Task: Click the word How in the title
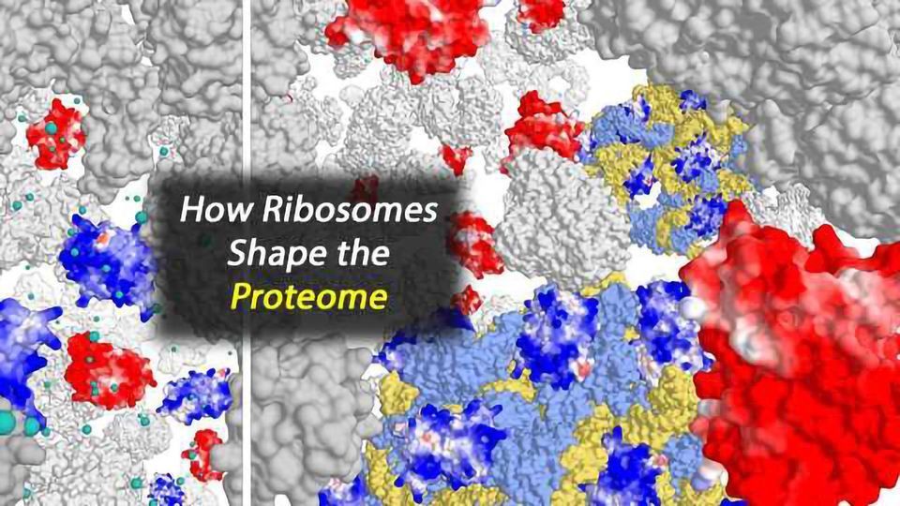pyautogui.click(x=204, y=212)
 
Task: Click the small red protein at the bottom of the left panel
pyautogui.click(x=203, y=454)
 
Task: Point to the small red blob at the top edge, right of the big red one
pyautogui.click(x=542, y=13)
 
